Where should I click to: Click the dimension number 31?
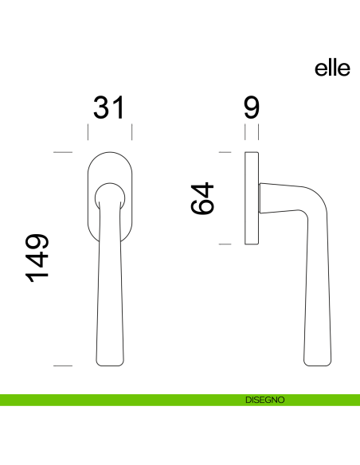click(109, 107)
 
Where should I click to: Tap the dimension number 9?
click(251, 107)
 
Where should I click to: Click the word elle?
click(332, 69)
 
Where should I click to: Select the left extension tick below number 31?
click(88, 131)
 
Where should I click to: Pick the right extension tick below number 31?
click(131, 131)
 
